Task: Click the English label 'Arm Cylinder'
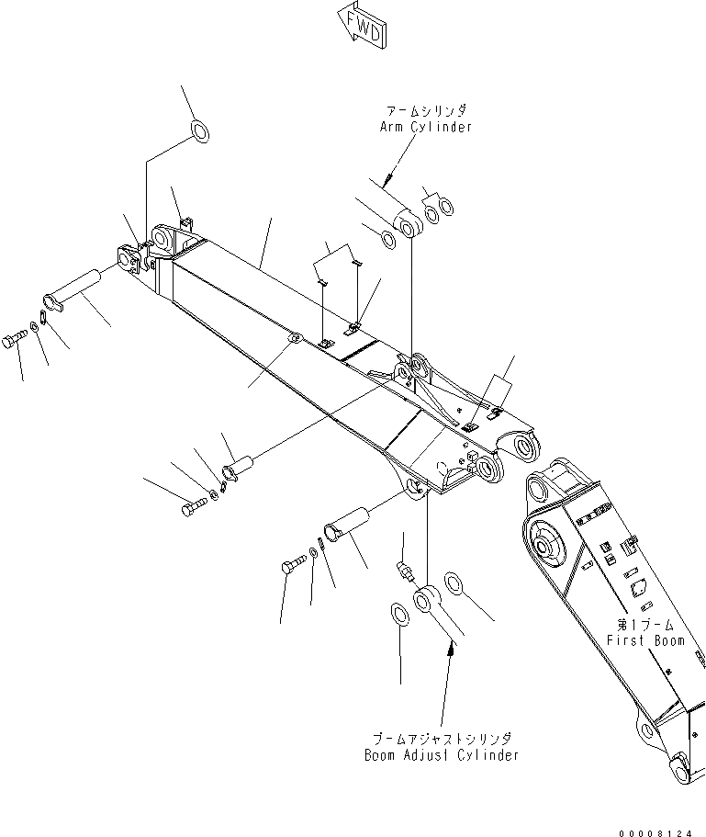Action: click(x=426, y=127)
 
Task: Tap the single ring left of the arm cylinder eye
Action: click(x=388, y=241)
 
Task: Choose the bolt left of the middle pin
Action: click(x=195, y=505)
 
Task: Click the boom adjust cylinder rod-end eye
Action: click(x=427, y=601)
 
